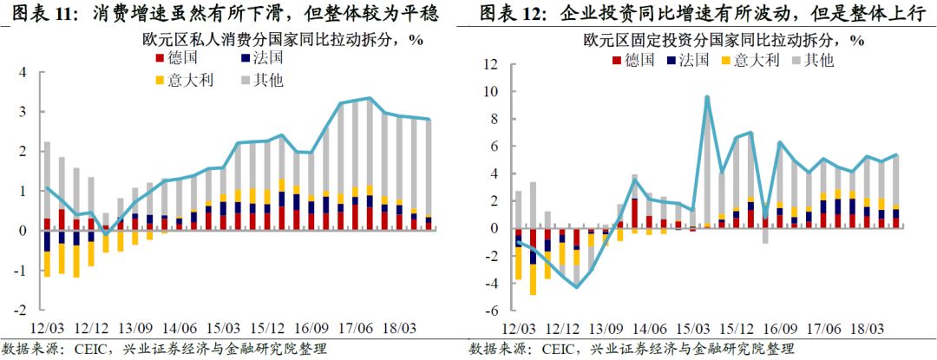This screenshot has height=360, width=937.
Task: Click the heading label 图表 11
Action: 38,15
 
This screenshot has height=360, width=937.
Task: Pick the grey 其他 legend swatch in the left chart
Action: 246,82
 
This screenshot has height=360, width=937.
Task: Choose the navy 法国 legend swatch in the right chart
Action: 672,61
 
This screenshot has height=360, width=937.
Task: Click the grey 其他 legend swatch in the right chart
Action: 796,61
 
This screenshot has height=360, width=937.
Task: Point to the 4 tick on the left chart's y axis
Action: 24,72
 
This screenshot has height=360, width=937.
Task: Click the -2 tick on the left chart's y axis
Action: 22,310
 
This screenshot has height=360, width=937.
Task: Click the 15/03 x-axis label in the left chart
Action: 224,330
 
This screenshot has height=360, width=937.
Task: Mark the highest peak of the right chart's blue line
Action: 707,97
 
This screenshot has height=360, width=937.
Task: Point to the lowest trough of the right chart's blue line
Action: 576,287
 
